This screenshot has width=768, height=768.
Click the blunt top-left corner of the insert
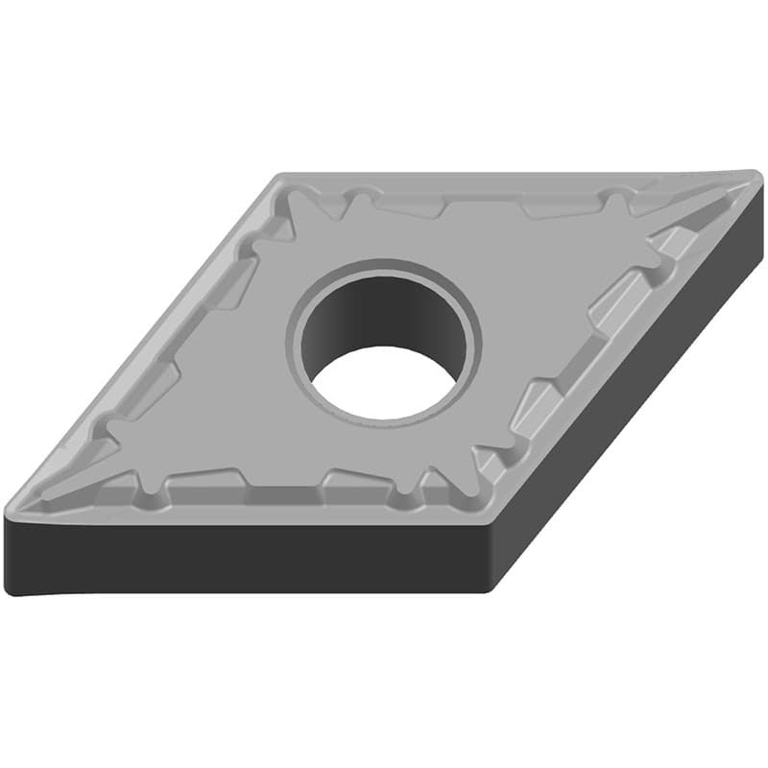[280, 179]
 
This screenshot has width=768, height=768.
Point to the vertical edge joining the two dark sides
[492, 557]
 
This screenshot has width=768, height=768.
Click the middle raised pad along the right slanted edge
[614, 297]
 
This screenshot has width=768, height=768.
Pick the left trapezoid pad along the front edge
[206, 479]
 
